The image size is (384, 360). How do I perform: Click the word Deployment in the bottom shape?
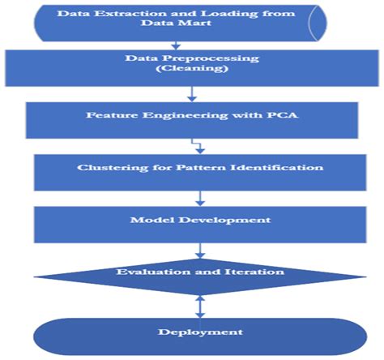pyautogui.click(x=191, y=332)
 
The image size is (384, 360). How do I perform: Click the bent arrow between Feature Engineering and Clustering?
pyautogui.click(x=194, y=146)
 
